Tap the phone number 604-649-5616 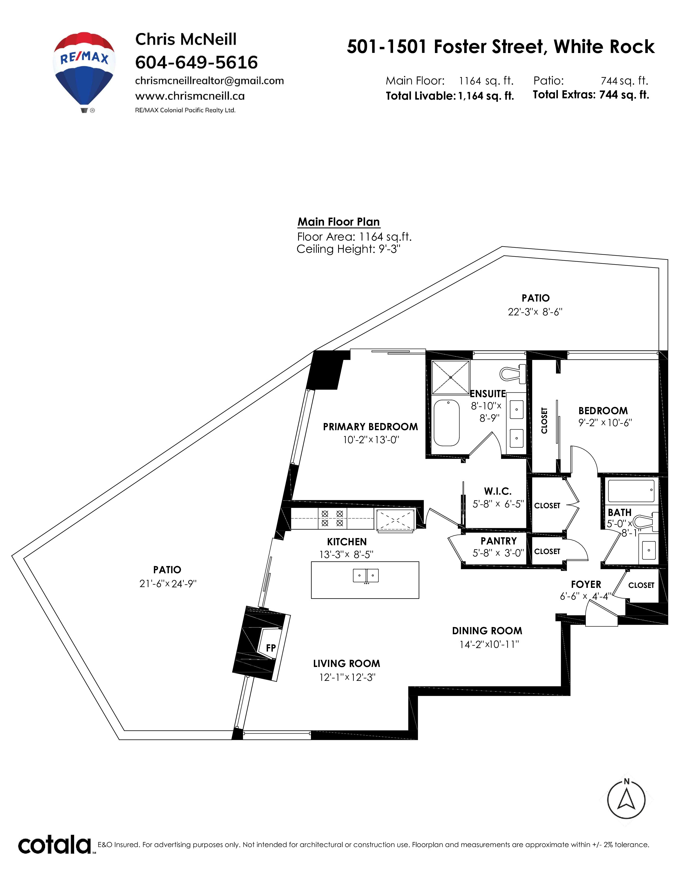pos(196,62)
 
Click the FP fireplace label pos(271,648)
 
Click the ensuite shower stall pos(450,377)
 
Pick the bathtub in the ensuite pos(446,423)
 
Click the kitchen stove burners pos(332,518)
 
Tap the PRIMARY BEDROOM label pos(370,427)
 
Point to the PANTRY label pos(498,541)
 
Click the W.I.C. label pos(498,491)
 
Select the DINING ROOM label pos(487,631)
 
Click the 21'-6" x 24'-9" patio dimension pos(167,584)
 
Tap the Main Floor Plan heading pos(338,222)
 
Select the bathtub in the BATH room pos(630,491)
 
